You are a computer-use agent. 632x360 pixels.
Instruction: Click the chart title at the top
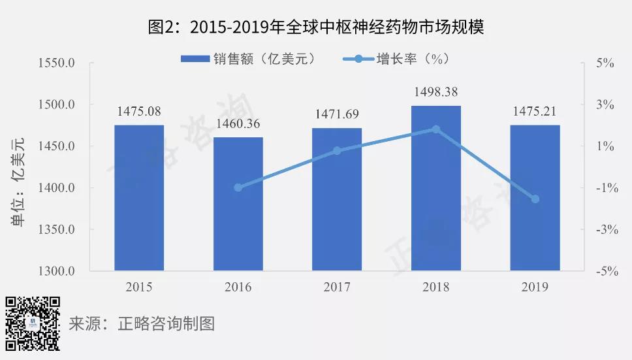[315, 27]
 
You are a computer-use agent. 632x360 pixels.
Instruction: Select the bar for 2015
[139, 197]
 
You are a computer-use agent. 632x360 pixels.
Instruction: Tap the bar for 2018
[436, 188]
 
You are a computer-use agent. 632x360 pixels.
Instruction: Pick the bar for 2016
[238, 204]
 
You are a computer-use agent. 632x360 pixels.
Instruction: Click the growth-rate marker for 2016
[238, 188]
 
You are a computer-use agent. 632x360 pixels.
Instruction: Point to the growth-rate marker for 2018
[436, 129]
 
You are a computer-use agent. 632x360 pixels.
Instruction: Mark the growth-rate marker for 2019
[535, 199]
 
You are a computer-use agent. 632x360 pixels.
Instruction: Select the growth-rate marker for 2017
[337, 151]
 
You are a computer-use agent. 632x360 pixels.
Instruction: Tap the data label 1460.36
[238, 123]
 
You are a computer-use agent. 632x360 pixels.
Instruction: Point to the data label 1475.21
[535, 111]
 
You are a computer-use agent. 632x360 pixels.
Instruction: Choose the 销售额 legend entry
[248, 59]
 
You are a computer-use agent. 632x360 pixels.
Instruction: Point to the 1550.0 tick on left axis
[58, 63]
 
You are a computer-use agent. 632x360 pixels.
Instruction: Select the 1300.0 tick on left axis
[58, 271]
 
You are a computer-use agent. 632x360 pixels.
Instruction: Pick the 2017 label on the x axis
[337, 287]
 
